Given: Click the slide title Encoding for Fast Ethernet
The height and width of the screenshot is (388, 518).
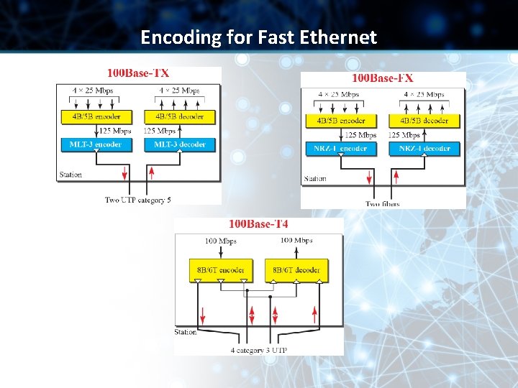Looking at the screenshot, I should coord(258,37).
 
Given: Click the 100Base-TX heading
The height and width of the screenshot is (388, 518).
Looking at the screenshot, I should coord(138,73).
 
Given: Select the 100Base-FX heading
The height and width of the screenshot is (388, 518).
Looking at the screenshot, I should coord(382,78).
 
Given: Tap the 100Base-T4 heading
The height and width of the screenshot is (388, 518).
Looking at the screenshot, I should coord(258,225).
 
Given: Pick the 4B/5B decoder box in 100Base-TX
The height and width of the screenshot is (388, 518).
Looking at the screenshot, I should coord(179,116).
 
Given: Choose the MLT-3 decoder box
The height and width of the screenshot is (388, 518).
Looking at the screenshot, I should coord(179,144).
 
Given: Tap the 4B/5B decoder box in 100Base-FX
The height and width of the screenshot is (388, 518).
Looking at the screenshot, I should coord(424,121).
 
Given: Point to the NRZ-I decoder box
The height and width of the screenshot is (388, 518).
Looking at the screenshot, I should coord(424,149).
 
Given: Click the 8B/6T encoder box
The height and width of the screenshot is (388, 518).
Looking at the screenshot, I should coord(221,270).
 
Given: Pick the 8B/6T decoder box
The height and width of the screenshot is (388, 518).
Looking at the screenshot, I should coord(296,270).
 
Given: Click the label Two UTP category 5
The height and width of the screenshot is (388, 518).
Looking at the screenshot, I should coord(138,200).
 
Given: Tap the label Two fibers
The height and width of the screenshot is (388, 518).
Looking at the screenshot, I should coord(382,204).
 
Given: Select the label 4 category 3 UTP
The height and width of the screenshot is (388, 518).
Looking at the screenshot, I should coord(258,351).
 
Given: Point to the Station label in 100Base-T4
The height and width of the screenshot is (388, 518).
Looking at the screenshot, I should coord(186,332).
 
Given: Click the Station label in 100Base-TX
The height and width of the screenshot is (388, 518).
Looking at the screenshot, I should coord(71,175).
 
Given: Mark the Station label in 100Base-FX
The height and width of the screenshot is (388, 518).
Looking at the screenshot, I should coord(315,179).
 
